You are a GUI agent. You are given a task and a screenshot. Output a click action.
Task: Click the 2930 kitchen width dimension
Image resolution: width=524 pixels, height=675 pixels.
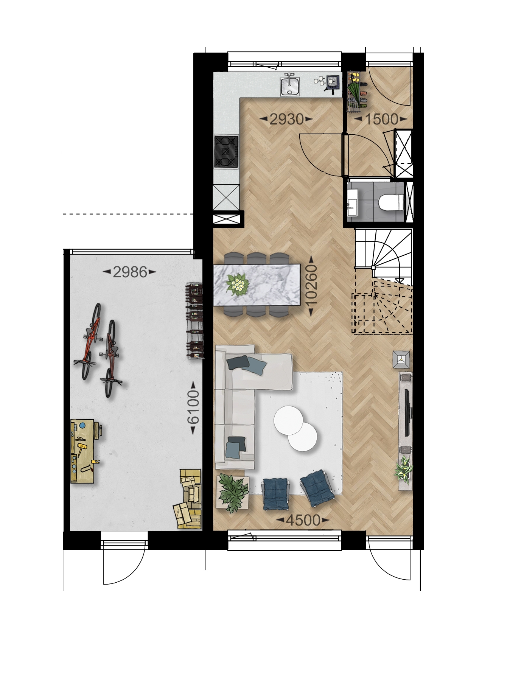[286, 120]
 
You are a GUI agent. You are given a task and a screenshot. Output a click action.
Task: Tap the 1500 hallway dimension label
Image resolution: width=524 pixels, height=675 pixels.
[381, 120]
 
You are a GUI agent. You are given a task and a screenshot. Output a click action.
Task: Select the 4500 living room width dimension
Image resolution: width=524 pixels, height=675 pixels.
[303, 521]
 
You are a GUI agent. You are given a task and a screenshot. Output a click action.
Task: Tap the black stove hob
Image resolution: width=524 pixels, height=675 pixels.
[226, 152]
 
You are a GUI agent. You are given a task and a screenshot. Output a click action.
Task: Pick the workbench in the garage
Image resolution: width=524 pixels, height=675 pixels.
[86, 451]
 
